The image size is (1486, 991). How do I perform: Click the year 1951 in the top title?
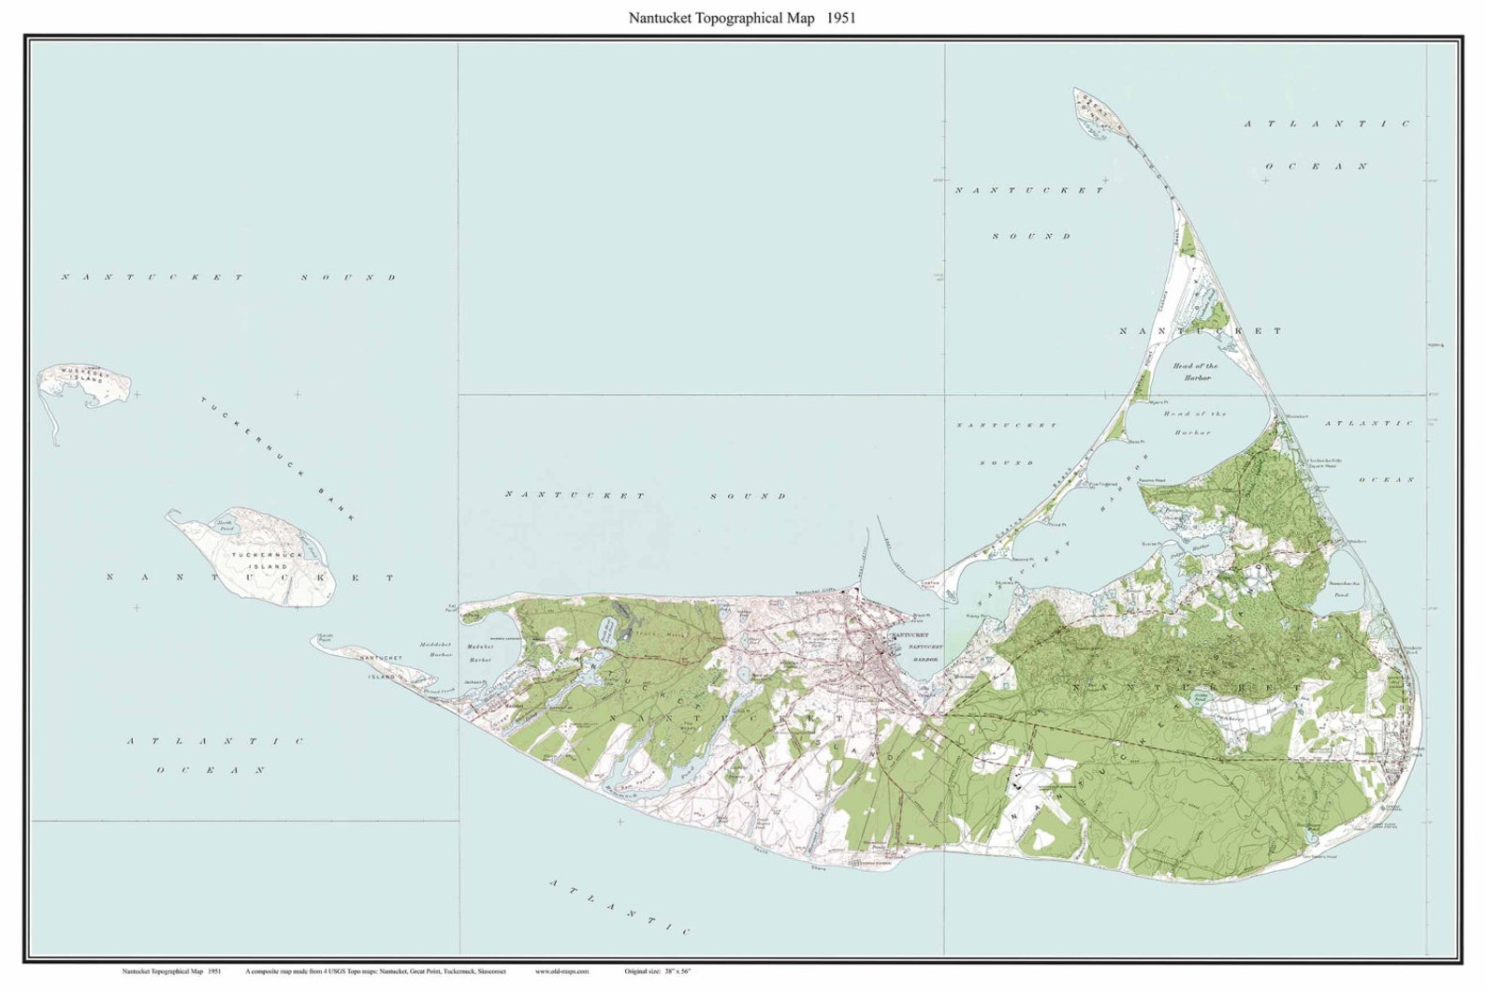click(x=840, y=17)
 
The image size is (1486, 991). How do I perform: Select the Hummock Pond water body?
click(x=646, y=775)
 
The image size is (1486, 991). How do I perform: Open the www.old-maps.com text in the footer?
click(x=561, y=971)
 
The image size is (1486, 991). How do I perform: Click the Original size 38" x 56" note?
click(x=660, y=971)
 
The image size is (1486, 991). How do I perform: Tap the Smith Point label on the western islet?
click(x=325, y=637)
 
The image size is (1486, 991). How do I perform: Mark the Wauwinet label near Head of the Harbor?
click(x=1295, y=415)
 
